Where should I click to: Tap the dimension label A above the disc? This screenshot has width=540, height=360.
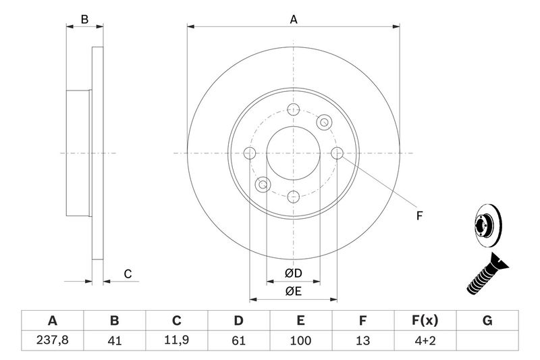[294, 20]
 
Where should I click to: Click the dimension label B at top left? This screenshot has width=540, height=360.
[84, 20]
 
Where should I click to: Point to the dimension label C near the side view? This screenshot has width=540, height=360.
[127, 274]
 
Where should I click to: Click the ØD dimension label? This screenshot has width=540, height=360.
[293, 274]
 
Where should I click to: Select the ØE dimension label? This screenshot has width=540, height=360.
[293, 291]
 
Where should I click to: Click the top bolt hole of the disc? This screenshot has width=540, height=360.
[294, 110]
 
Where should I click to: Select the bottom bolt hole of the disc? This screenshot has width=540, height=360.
[294, 197]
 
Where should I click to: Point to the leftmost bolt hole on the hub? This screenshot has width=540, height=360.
[250, 153]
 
